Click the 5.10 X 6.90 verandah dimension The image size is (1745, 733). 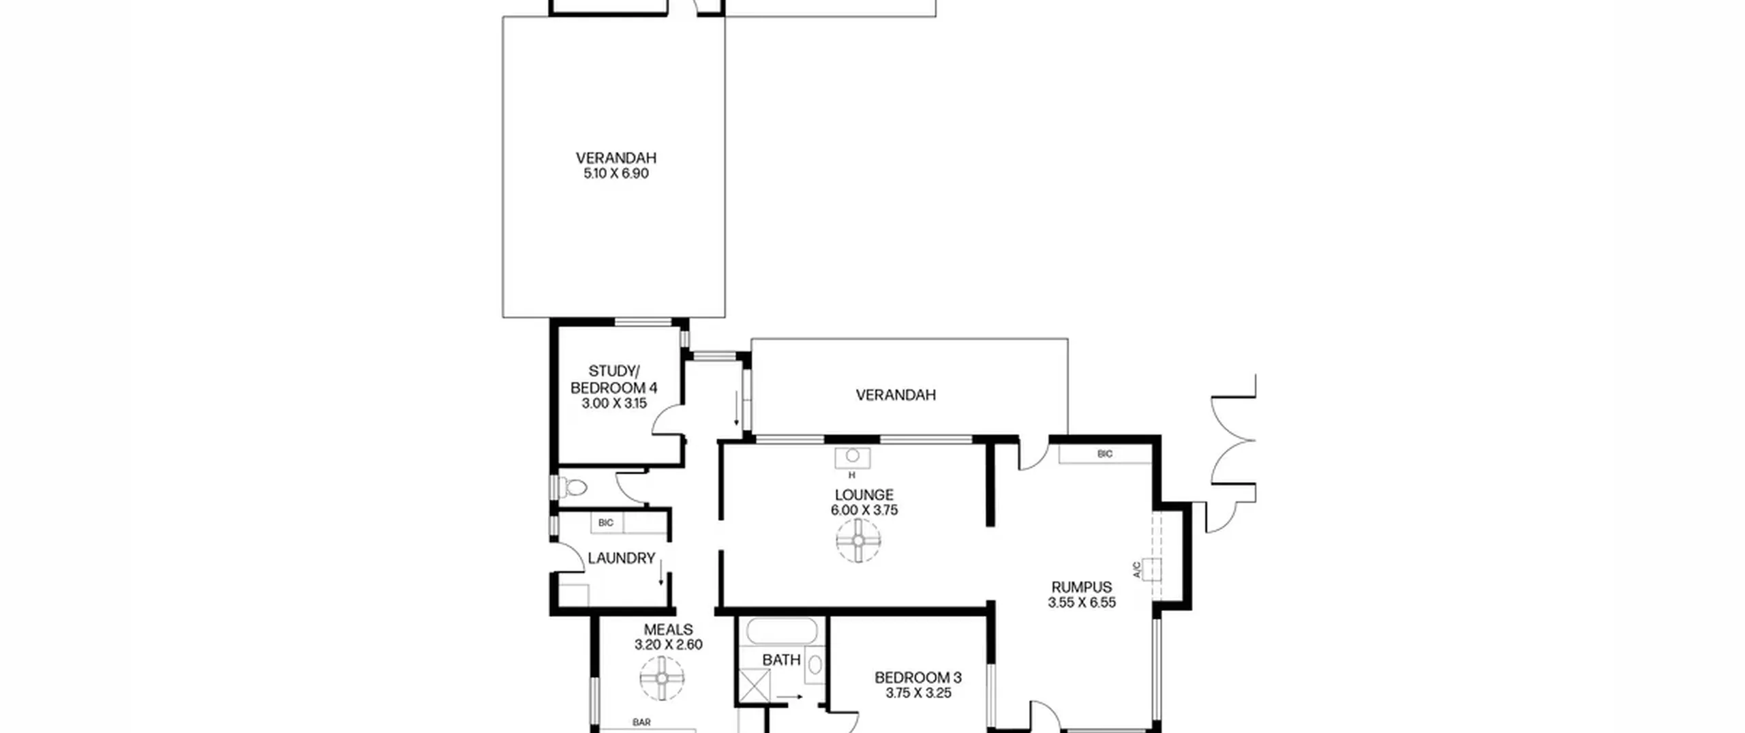click(x=616, y=174)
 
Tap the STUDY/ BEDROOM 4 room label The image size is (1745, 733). click(x=613, y=380)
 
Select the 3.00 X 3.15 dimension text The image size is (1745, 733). click(x=613, y=404)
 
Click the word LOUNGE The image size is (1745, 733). click(x=864, y=495)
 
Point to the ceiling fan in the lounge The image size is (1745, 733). click(x=858, y=541)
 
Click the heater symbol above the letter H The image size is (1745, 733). click(x=852, y=458)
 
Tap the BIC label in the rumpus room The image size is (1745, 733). click(x=1105, y=454)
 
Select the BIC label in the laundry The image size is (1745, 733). click(x=605, y=523)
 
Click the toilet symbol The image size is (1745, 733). click(x=573, y=488)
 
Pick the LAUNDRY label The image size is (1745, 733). click(x=621, y=558)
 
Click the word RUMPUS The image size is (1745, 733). click(x=1081, y=587)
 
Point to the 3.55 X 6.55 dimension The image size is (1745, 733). click(x=1081, y=603)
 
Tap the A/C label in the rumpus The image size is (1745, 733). click(x=1136, y=570)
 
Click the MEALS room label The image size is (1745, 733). click(x=668, y=630)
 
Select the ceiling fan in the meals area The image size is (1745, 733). click(x=662, y=678)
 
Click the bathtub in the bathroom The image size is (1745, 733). click(x=781, y=630)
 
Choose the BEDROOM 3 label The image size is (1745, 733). click(x=917, y=678)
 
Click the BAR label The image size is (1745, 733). click(x=641, y=722)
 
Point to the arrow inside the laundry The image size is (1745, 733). click(x=661, y=573)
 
